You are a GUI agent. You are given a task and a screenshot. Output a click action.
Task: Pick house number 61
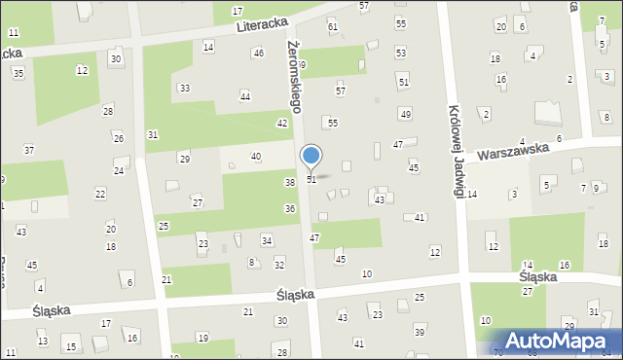333,26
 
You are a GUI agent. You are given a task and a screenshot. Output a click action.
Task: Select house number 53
401,52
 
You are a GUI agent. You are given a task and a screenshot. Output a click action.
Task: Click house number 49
406,115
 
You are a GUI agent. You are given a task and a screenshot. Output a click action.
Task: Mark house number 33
184,89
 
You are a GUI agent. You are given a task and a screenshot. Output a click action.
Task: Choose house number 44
245,96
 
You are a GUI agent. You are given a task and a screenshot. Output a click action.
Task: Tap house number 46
258,53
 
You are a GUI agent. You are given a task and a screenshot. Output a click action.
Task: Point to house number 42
282,123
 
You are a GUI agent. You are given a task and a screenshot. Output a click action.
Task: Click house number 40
256,157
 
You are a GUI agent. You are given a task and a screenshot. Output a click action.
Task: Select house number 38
289,183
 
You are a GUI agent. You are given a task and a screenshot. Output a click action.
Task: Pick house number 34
267,240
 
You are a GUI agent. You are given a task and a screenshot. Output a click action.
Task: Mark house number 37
29,150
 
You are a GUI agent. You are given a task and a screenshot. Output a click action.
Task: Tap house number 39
420,332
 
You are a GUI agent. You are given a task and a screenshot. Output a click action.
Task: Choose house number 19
202,338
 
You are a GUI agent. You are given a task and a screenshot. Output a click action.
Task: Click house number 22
100,194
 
